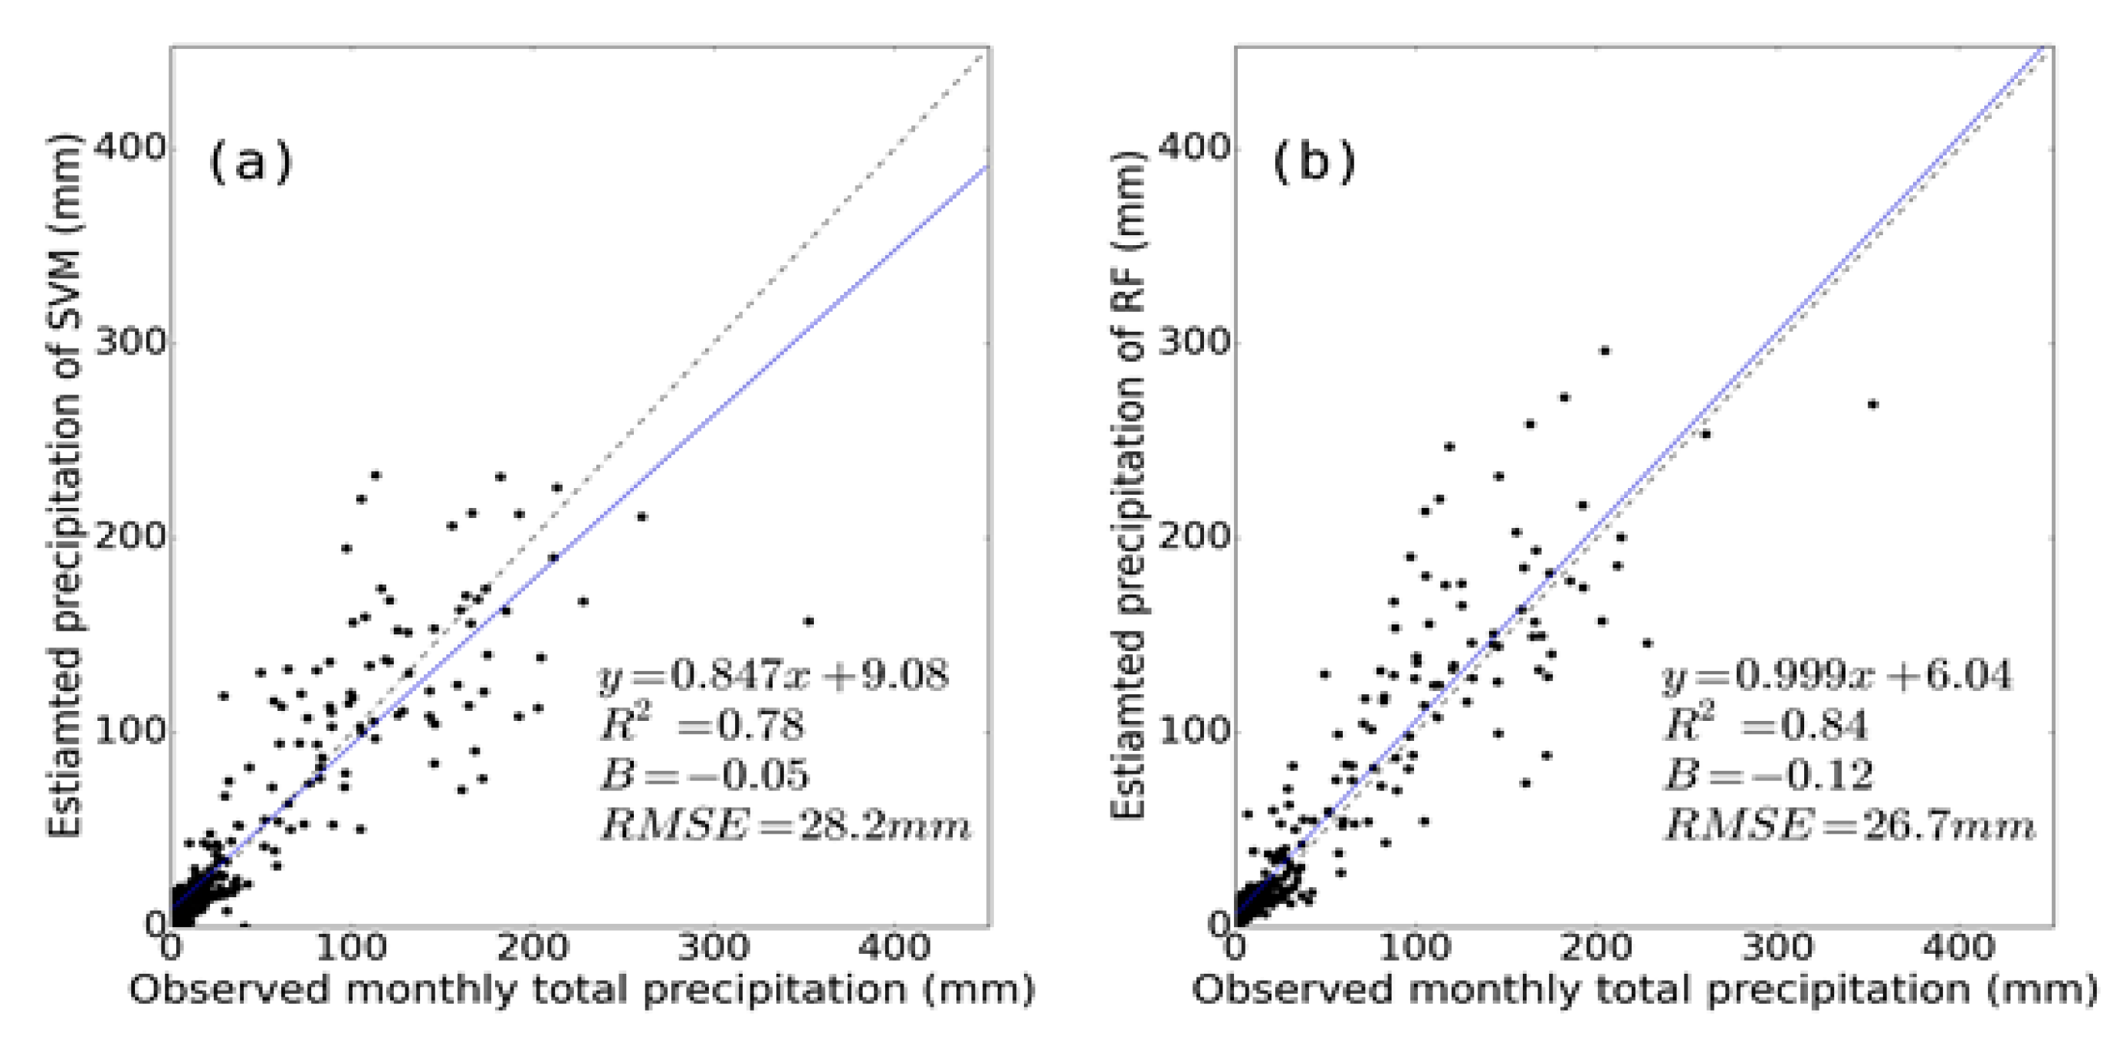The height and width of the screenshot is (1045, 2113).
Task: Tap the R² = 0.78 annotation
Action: tap(702, 725)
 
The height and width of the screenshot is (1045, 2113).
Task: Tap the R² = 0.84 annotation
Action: tap(1766, 725)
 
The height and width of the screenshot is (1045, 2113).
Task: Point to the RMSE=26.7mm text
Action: tap(1849, 824)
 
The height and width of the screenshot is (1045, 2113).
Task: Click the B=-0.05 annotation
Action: tap(704, 775)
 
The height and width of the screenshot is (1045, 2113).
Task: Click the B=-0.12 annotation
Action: tap(1768, 775)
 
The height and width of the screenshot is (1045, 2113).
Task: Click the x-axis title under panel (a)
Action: tap(581, 990)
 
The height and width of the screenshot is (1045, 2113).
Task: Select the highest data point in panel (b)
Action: tap(1604, 351)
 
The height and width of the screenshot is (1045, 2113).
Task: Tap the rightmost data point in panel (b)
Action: tap(1872, 405)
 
